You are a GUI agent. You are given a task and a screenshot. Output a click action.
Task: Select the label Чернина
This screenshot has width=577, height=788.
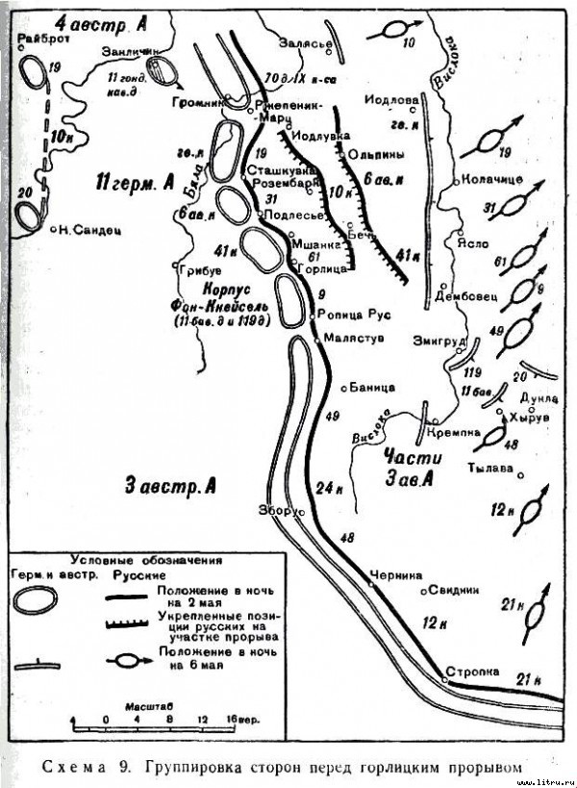coord(398,574)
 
